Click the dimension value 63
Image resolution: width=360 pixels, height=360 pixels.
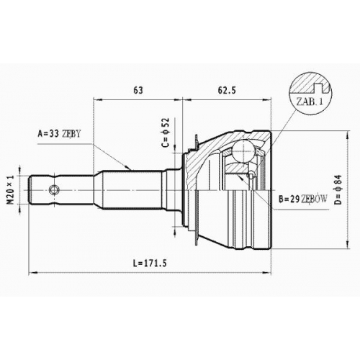pyautogui.click(x=138, y=90)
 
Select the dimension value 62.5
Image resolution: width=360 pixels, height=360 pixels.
pyautogui.click(x=227, y=90)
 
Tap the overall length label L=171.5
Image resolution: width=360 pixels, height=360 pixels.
pyautogui.click(x=150, y=264)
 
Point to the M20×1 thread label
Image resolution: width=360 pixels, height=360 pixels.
pyautogui.click(x=11, y=189)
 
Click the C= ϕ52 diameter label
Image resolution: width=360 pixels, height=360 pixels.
pyautogui.click(x=166, y=132)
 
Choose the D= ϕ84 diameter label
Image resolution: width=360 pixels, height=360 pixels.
pyautogui.click(x=338, y=189)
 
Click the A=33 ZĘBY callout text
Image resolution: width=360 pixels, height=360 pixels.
pyautogui.click(x=59, y=134)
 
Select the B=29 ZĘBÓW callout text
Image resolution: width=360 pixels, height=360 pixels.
pyautogui.click(x=302, y=199)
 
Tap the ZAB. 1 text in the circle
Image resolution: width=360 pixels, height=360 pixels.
pyautogui.click(x=310, y=102)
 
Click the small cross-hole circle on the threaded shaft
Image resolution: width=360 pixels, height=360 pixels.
pyautogui.click(x=54, y=190)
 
